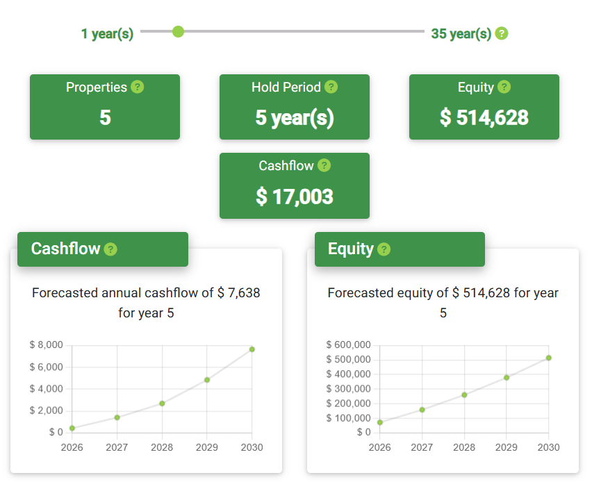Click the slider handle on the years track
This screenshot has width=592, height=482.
tap(178, 31)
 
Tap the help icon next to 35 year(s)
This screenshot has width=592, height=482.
tap(502, 33)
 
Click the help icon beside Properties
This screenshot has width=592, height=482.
tap(138, 87)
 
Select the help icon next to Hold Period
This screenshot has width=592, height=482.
tap(331, 87)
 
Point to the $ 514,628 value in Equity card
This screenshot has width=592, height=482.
tap(484, 117)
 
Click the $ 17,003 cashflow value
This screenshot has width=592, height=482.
tap(295, 197)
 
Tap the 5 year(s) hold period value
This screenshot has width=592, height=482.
tap(295, 117)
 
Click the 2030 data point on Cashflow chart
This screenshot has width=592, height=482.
tap(252, 349)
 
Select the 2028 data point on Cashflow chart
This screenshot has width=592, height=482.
tap(162, 404)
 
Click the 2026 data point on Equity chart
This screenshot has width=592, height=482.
tap(380, 422)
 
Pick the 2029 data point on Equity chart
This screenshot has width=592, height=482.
tap(507, 378)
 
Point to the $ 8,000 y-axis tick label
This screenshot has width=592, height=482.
tap(47, 344)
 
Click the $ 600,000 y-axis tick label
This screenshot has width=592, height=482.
tap(348, 344)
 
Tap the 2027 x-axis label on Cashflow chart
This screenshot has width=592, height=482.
tap(117, 447)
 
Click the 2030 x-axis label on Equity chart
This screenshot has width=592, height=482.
tap(548, 447)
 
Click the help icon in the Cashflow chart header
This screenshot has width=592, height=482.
tap(110, 249)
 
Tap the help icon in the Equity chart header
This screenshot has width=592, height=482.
tap(384, 249)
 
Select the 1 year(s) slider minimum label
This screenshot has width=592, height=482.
tap(107, 33)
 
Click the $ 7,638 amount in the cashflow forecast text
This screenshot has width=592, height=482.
tap(238, 293)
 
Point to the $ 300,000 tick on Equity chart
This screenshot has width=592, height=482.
tap(348, 389)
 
